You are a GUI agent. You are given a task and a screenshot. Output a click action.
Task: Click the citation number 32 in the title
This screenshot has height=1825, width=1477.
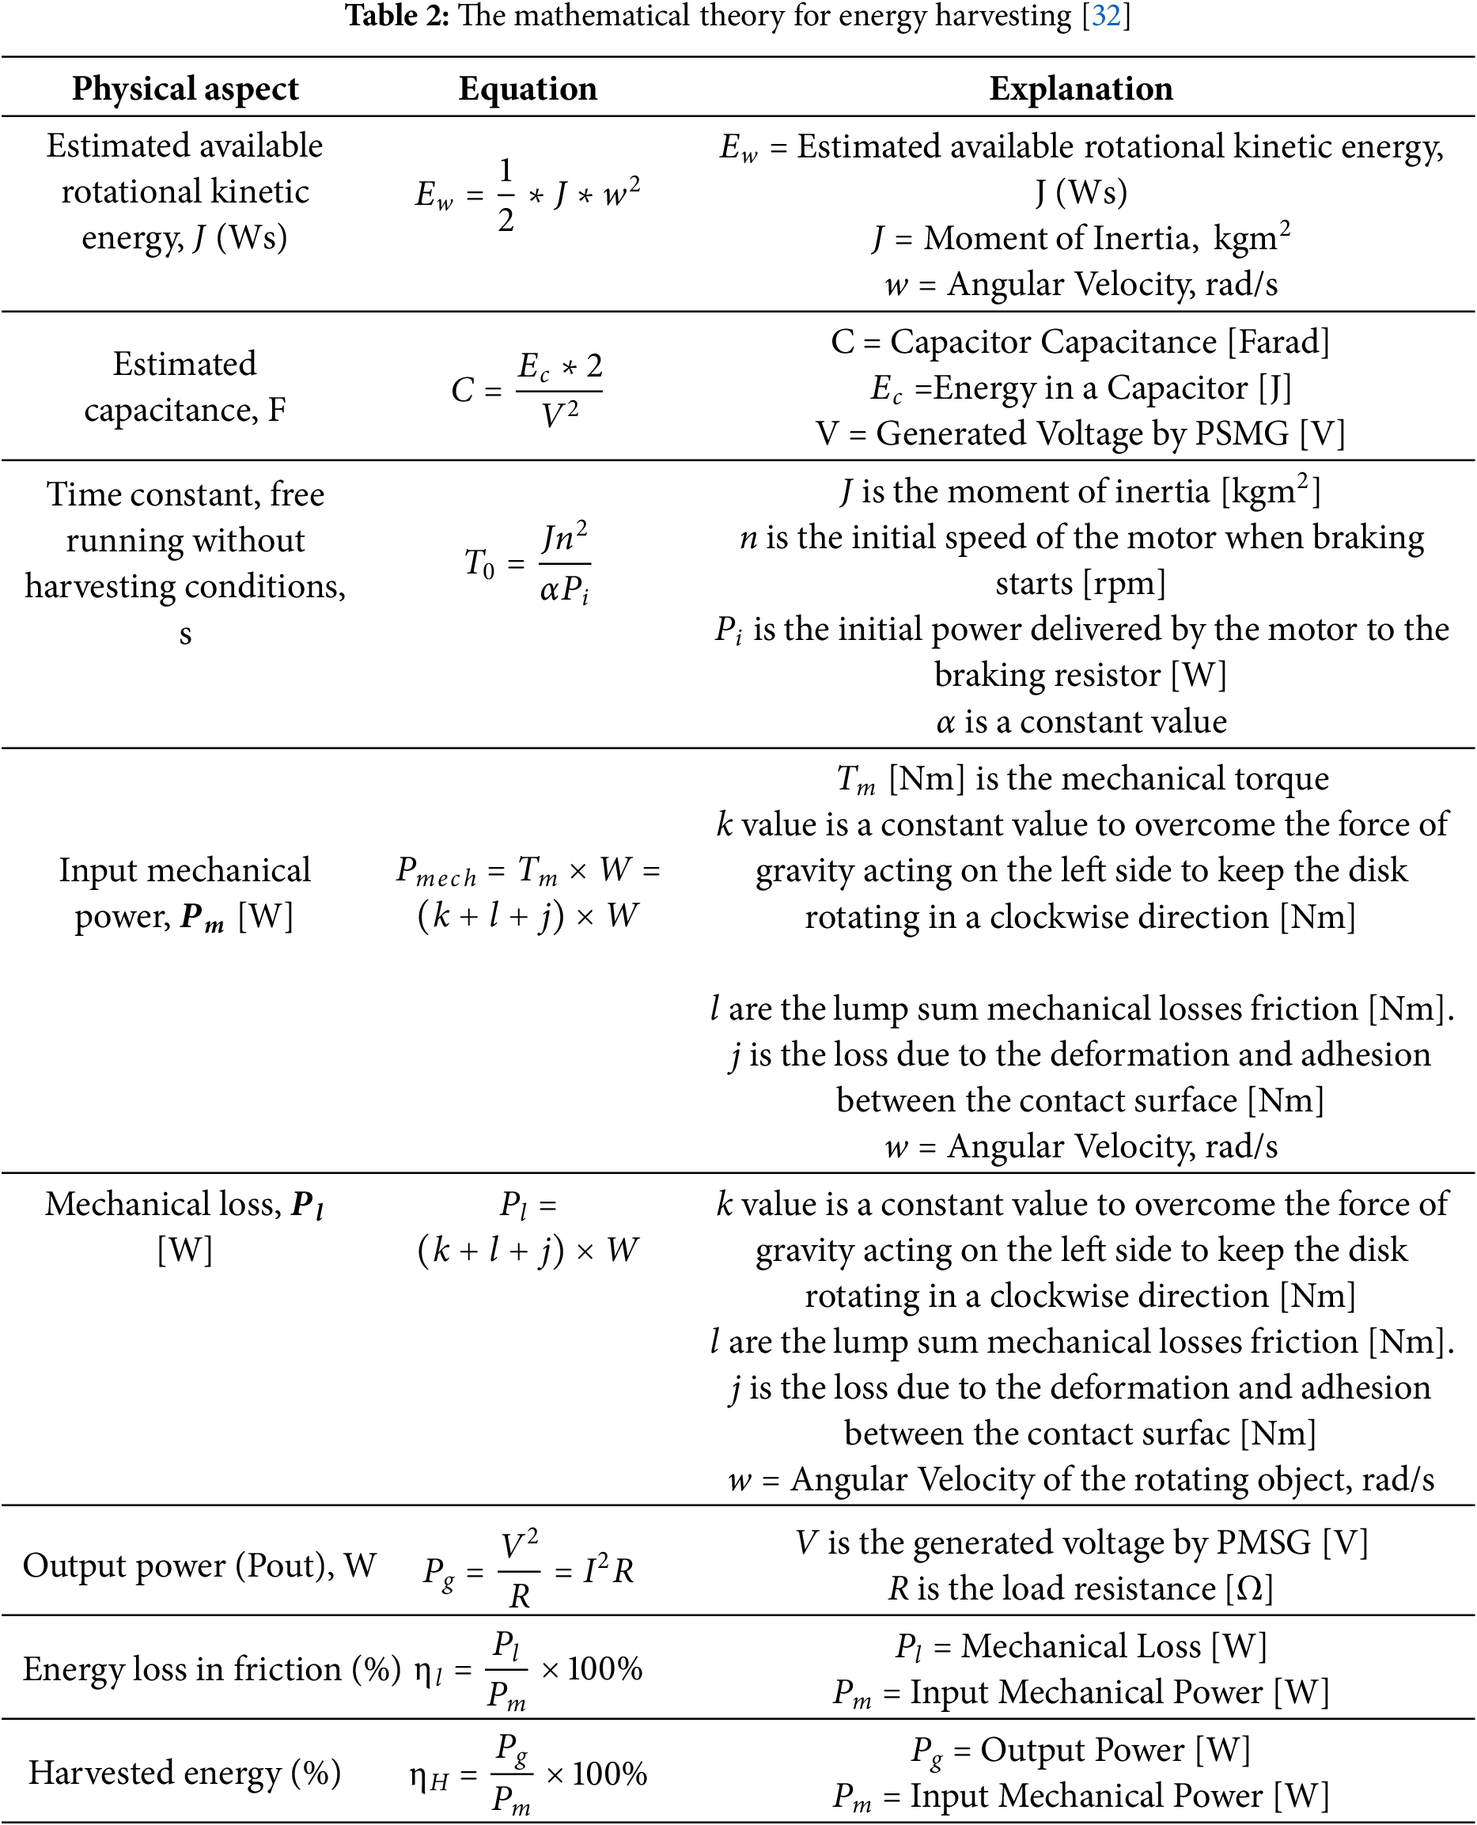pyautogui.click(x=1105, y=16)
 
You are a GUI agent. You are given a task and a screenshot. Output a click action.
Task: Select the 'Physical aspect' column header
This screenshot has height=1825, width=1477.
pyautogui.click(x=184, y=89)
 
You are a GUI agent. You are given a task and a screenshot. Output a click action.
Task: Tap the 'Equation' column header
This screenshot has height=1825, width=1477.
pyautogui.click(x=528, y=89)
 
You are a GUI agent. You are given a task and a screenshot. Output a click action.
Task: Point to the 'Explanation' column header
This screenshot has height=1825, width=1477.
pyautogui.click(x=1081, y=89)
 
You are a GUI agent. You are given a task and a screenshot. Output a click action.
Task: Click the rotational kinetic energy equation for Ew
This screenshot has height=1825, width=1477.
pyautogui.click(x=528, y=195)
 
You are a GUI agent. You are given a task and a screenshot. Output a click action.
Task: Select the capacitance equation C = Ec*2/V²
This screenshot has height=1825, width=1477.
pyautogui.click(x=528, y=391)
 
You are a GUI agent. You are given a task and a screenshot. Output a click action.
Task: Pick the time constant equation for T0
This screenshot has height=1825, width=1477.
pyautogui.click(x=528, y=562)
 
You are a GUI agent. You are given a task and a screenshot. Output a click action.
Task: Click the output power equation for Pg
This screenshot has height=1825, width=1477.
pyautogui.click(x=528, y=1569)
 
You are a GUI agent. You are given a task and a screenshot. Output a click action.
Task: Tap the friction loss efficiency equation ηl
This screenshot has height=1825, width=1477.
pyautogui.click(x=528, y=1670)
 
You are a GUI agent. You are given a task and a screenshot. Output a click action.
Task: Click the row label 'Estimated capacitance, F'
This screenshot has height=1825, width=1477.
pyautogui.click(x=184, y=387)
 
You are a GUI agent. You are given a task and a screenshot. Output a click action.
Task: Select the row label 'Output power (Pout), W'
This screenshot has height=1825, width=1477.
pyautogui.click(x=199, y=1566)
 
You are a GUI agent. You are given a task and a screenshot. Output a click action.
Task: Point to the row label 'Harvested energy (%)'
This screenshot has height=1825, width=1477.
pyautogui.click(x=184, y=1773)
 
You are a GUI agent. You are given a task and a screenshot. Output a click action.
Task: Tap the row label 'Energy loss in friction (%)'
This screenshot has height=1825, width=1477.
pyautogui.click(x=211, y=1669)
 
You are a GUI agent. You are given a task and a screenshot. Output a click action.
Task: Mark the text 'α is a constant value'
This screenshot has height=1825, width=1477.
pyautogui.click(x=1081, y=721)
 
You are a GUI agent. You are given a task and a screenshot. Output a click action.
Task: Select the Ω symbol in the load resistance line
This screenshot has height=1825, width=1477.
pyautogui.click(x=1249, y=1588)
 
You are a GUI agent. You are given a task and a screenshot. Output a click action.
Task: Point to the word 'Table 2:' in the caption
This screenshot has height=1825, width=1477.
pyautogui.click(x=396, y=16)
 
